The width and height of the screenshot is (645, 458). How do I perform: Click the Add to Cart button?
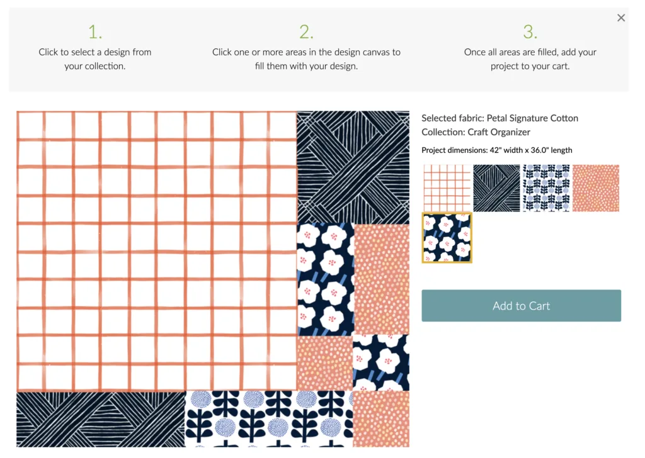pyautogui.click(x=521, y=306)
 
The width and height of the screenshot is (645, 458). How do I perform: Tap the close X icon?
pyautogui.click(x=621, y=18)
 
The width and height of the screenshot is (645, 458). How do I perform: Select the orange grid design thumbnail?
pyautogui.click(x=447, y=188)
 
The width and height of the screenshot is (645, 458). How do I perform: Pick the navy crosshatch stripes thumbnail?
pyautogui.click(x=496, y=188)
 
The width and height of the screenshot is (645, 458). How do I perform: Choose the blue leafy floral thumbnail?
pyautogui.click(x=546, y=188)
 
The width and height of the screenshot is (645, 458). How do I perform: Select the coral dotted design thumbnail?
pyautogui.click(x=596, y=188)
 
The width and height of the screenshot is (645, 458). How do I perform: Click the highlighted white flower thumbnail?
pyautogui.click(x=447, y=237)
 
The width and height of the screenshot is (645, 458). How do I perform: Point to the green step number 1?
pyautogui.click(x=95, y=31)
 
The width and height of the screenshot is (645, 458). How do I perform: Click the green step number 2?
pyautogui.click(x=307, y=31)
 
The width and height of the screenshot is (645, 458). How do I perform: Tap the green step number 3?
pyautogui.click(x=530, y=31)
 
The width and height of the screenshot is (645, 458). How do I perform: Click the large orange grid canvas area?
pyautogui.click(x=157, y=251)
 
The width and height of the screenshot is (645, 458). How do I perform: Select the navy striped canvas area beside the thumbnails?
pyautogui.click(x=353, y=167)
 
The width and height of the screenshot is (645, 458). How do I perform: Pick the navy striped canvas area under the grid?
pyautogui.click(x=101, y=419)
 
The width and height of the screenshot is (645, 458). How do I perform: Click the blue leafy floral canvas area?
pyautogui.click(x=269, y=419)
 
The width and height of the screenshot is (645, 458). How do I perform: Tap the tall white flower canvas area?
pyautogui.click(x=326, y=280)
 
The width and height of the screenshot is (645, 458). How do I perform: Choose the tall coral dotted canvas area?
pyautogui.click(x=381, y=280)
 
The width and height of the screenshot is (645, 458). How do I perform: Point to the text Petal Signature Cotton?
pyautogui.click(x=532, y=118)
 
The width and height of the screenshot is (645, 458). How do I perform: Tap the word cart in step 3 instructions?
pyautogui.click(x=561, y=66)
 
